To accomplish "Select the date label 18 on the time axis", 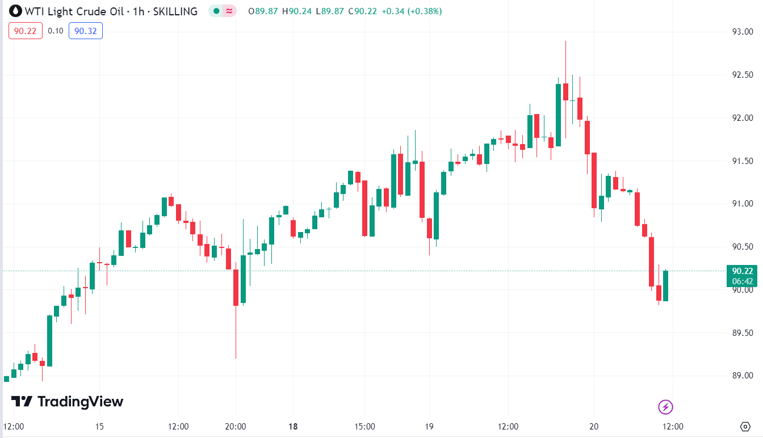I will [x=294, y=426].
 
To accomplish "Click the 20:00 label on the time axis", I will [x=236, y=426].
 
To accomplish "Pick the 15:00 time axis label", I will [x=364, y=426].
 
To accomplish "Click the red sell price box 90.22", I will [x=26, y=31].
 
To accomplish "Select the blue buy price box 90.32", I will [x=85, y=31].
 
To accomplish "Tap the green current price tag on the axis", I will [x=742, y=276].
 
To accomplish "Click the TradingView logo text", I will [x=80, y=402].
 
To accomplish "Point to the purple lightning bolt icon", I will [x=665, y=407].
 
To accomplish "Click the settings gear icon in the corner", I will [x=746, y=426].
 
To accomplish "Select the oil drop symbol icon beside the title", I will [x=15, y=11].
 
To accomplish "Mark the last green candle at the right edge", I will [x=665, y=286].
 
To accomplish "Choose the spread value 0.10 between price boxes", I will [x=56, y=31].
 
